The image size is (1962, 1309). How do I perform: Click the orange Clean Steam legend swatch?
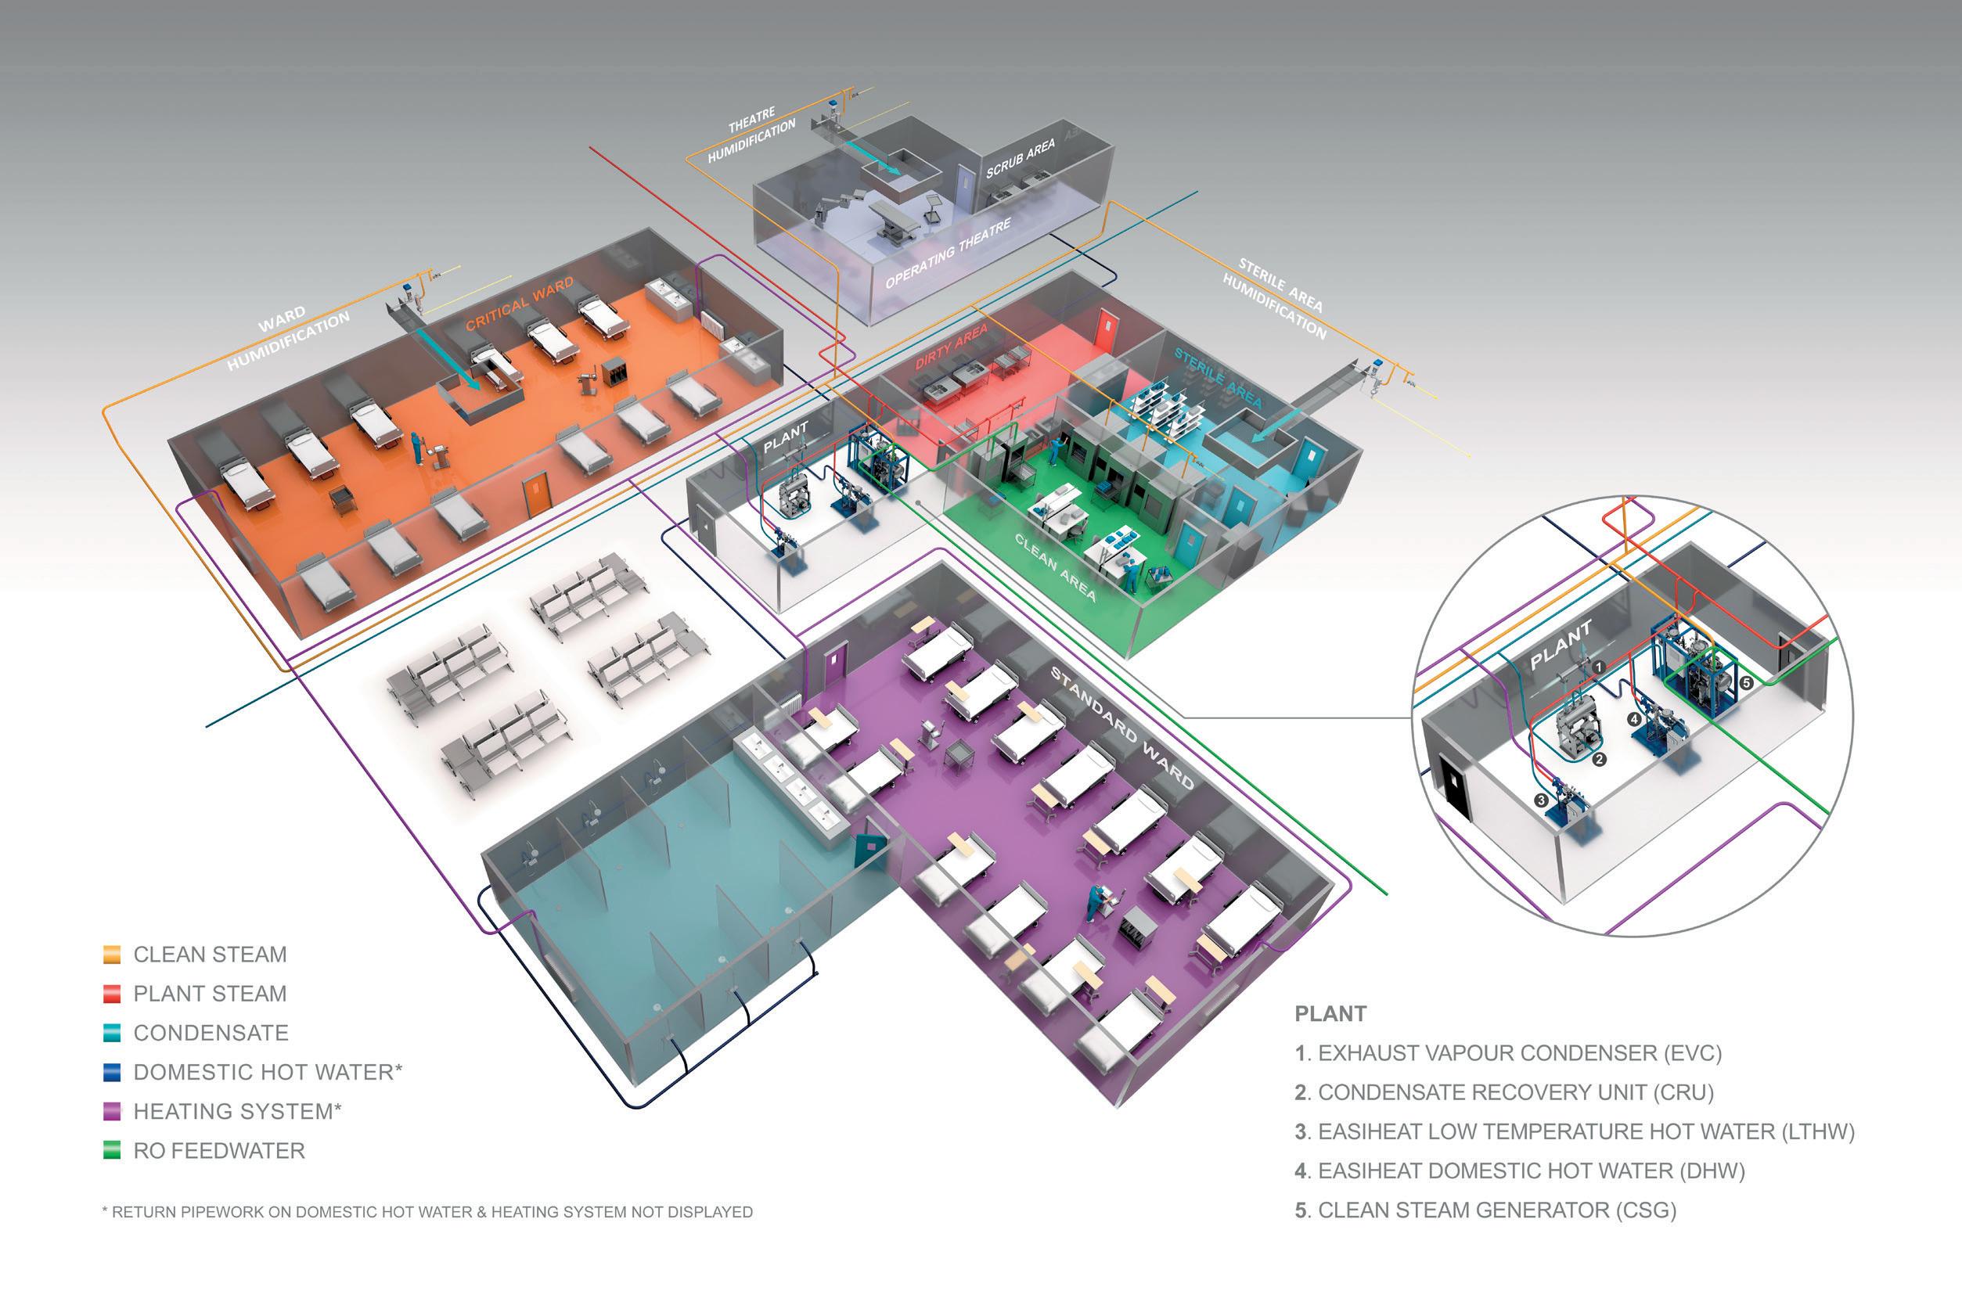112,955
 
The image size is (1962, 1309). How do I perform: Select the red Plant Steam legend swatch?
112,994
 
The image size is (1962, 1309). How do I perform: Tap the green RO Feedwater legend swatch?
112,1150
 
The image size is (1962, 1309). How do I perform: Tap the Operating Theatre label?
948,253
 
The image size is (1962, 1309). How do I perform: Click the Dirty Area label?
951,347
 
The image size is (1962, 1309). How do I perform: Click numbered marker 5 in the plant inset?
1746,682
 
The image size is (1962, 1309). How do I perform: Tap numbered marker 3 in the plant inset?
1540,800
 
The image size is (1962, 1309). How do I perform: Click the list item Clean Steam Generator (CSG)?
1485,1210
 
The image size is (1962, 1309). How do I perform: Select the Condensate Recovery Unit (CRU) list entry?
1503,1092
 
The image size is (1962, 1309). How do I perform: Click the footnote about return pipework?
427,1211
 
